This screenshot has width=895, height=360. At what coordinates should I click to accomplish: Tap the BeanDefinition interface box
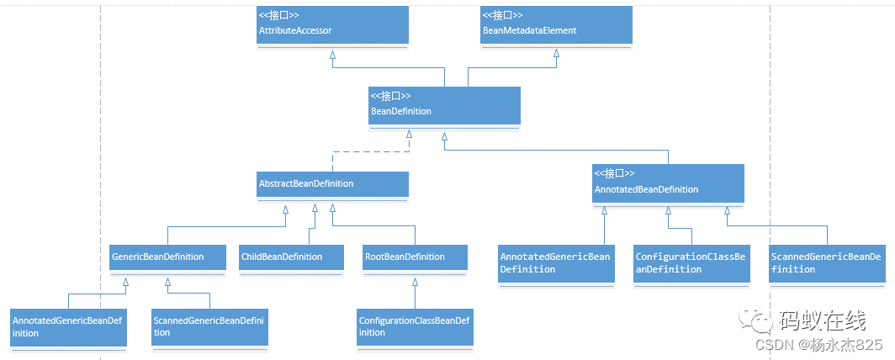pyautogui.click(x=444, y=107)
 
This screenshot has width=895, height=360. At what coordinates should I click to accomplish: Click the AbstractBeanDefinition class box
pyautogui.click(x=332, y=185)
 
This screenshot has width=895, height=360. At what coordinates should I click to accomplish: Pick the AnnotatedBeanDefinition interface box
pyautogui.click(x=668, y=183)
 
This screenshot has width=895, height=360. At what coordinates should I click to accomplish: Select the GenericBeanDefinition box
pyautogui.click(x=167, y=258)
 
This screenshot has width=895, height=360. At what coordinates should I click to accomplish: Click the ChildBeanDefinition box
pyautogui.click(x=291, y=257)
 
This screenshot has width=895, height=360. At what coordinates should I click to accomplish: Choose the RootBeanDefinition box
pyautogui.click(x=415, y=257)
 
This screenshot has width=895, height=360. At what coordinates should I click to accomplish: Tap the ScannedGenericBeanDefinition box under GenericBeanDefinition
pyautogui.click(x=209, y=327)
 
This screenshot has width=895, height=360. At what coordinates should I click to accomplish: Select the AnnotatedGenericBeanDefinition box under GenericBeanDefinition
pyautogui.click(x=68, y=327)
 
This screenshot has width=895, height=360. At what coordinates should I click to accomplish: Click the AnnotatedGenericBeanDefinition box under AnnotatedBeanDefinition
pyautogui.click(x=555, y=264)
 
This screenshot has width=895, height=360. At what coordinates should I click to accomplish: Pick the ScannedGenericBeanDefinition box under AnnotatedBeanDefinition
pyautogui.click(x=826, y=264)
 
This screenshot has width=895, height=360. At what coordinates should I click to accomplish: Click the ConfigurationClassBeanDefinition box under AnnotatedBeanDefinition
pyautogui.click(x=691, y=264)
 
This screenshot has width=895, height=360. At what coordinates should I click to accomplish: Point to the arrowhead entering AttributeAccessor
pyautogui.click(x=333, y=56)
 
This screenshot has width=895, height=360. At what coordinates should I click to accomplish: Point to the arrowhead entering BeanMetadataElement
pyautogui.click(x=556, y=56)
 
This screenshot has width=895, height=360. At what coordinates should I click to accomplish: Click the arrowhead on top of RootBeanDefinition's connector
pyautogui.click(x=415, y=280)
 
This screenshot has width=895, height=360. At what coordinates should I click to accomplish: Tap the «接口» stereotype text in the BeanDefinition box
pyautogui.click(x=390, y=96)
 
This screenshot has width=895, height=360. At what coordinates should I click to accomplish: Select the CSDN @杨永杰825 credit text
pyautogui.click(x=818, y=345)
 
